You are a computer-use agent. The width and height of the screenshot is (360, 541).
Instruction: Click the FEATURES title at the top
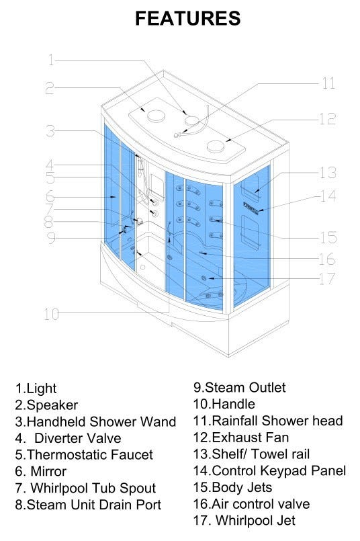tap(188, 18)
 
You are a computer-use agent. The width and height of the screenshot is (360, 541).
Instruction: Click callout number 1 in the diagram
tap(51, 60)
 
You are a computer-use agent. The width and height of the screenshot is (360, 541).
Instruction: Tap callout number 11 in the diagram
tap(328, 83)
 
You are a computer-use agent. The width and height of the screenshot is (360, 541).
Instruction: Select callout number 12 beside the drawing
tap(327, 119)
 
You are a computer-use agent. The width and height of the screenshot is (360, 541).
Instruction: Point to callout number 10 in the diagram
tap(51, 314)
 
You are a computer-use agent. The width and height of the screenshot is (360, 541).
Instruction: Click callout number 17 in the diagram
tap(327, 278)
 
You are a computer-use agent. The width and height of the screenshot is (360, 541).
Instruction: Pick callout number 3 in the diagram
tap(50, 131)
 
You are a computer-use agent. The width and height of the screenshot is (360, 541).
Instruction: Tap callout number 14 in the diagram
tap(328, 196)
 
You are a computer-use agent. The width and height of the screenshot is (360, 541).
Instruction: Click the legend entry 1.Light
tap(36, 388)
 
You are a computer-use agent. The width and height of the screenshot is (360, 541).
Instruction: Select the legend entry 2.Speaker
tap(46, 405)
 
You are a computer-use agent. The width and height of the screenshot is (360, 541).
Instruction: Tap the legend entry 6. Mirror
tap(41, 471)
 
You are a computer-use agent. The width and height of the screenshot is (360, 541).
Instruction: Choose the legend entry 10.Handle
tap(224, 404)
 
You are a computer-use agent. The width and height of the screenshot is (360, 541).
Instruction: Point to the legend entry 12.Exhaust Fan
tap(241, 438)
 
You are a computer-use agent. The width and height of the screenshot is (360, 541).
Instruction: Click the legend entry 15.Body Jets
tap(233, 487)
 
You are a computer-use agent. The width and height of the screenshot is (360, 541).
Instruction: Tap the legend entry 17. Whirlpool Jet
tap(244, 521)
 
